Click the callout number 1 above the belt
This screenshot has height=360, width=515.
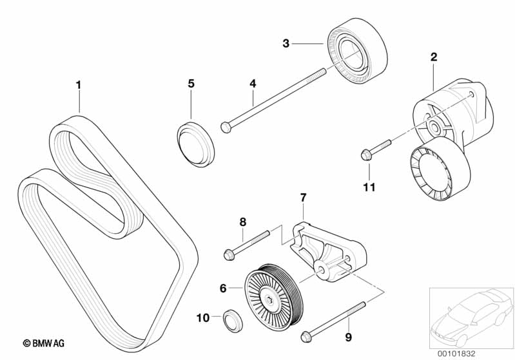[x=78, y=85]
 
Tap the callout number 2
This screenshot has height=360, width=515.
[x=434, y=57]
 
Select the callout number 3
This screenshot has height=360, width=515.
[x=286, y=43]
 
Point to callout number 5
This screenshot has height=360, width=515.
[x=191, y=84]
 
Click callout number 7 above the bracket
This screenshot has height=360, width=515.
[x=303, y=198]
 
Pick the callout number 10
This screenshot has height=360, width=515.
[x=203, y=317]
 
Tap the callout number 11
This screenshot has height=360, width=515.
[x=369, y=187]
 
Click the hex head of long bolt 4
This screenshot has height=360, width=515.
[x=226, y=127]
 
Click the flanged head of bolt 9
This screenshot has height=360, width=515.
[x=306, y=336]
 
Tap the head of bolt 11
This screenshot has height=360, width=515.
[x=366, y=155]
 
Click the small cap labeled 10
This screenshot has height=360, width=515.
[x=233, y=321]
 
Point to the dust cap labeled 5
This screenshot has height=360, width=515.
[x=196, y=144]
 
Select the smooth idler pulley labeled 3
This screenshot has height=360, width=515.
[x=358, y=51]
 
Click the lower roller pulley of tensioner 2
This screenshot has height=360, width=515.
[x=440, y=169]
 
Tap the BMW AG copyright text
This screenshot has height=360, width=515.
[x=43, y=343]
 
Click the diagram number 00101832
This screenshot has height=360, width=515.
[x=456, y=354]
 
